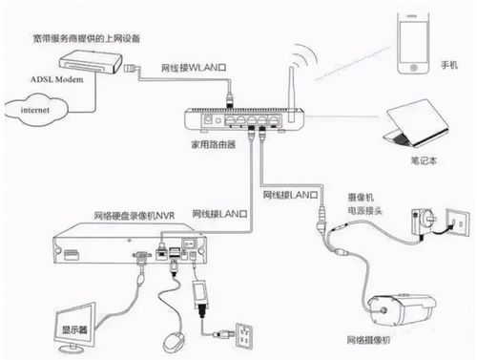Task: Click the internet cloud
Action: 36,110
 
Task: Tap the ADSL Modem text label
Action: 57,79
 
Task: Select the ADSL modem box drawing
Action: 91,61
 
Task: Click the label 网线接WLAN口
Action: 194,68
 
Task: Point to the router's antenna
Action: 291,95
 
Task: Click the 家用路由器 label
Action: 214,144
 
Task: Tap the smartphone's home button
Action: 413,68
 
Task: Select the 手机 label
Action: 449,65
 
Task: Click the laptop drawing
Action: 415,123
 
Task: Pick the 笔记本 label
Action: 424,160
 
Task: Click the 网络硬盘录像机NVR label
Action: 135,216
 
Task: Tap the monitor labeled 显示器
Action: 75,328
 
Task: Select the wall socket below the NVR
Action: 244,335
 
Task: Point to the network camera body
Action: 402,310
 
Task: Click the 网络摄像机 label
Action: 368,340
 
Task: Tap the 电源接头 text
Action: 364,211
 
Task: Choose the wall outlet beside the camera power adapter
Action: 457,222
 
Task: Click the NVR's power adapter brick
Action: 199,295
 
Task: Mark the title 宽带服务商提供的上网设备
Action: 87,38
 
